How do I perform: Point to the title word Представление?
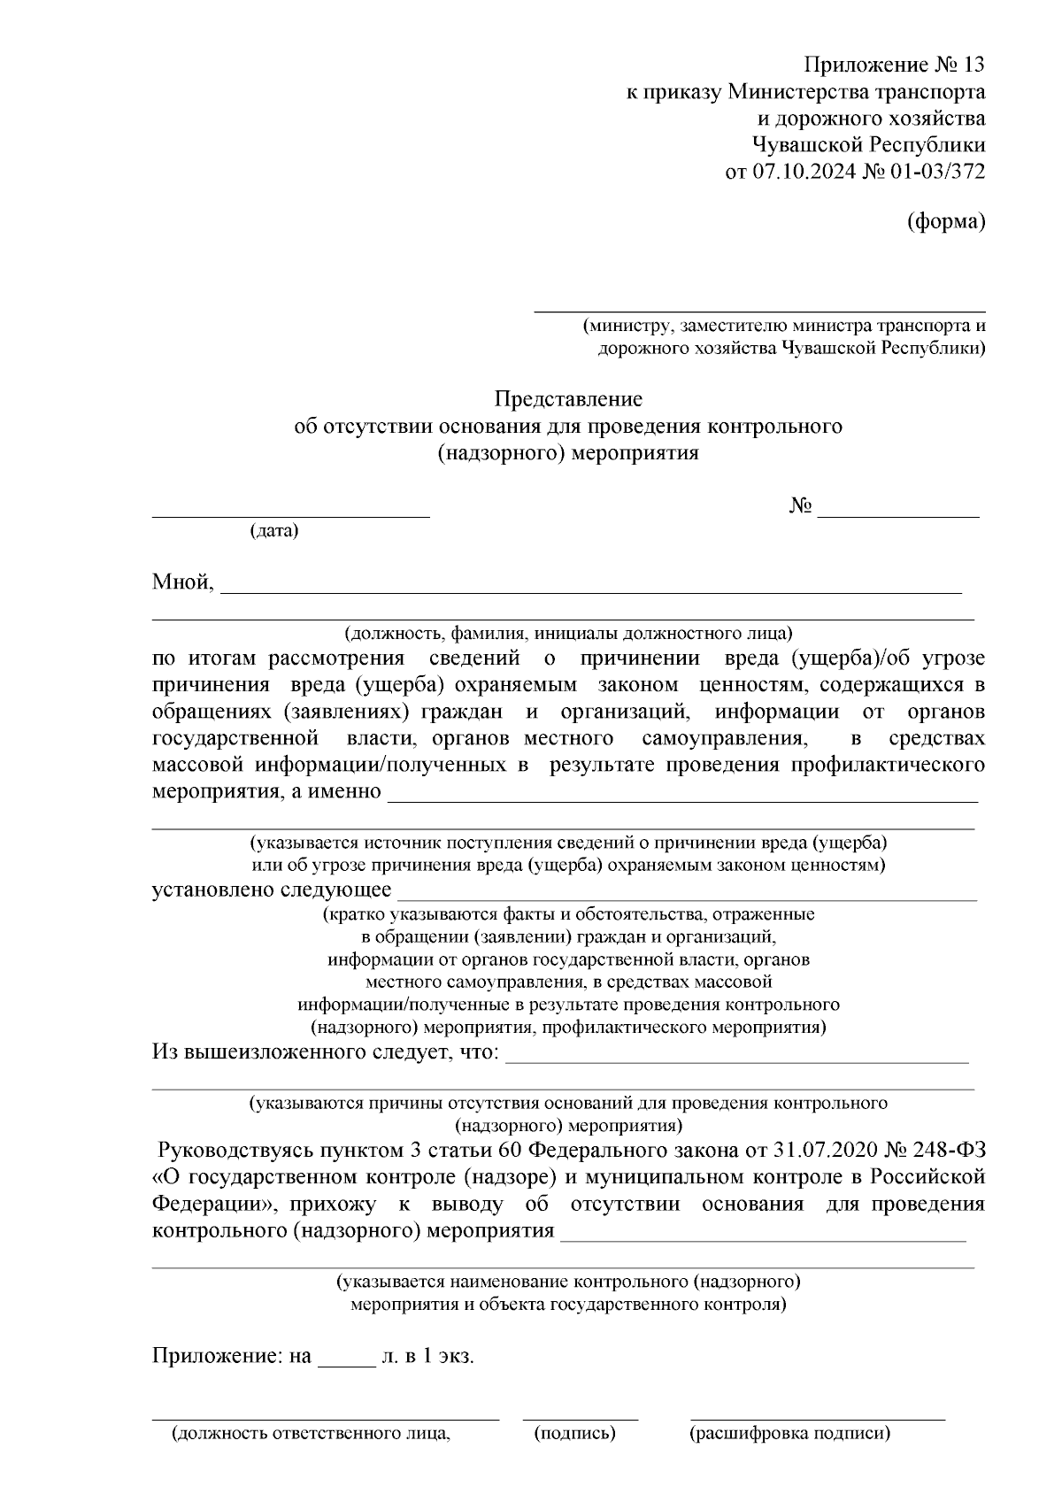click(567, 399)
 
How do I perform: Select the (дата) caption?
click(274, 531)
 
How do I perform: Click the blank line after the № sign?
click(897, 514)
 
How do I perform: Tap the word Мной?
click(183, 582)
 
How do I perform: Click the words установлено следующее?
click(272, 890)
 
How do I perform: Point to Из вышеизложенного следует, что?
click(326, 1052)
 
